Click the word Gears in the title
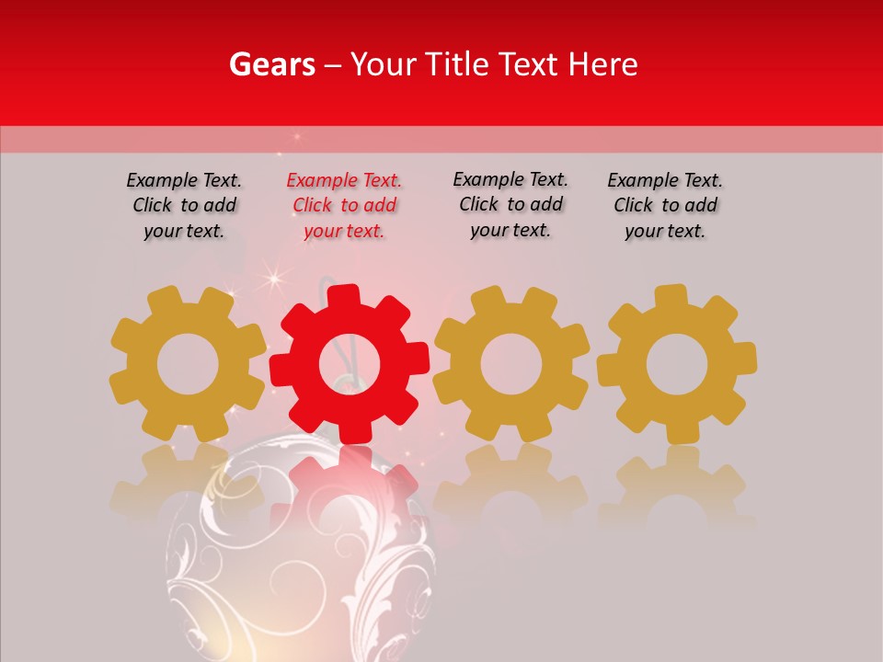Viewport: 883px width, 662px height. (x=270, y=64)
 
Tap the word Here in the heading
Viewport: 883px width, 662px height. (x=602, y=64)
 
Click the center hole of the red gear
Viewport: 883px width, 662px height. (x=349, y=366)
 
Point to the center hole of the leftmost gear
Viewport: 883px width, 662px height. (x=188, y=365)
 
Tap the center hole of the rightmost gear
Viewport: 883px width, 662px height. (x=677, y=365)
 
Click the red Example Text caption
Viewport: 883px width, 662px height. (x=344, y=206)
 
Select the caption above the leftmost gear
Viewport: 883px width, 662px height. (x=184, y=206)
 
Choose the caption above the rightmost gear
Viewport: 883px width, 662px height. (x=665, y=206)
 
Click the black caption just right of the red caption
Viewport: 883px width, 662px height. (x=510, y=205)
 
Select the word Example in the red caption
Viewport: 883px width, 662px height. (x=319, y=181)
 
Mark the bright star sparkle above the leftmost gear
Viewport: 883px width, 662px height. (x=272, y=276)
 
